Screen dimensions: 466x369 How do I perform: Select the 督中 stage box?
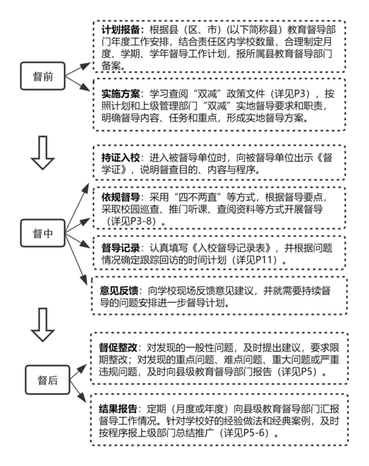click(x=43, y=233)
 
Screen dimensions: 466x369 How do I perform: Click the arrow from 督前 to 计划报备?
click(x=78, y=67)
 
